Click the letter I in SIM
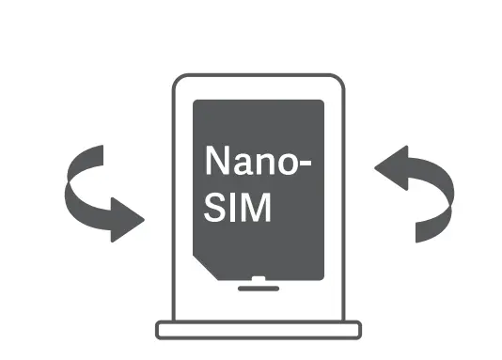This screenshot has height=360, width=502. [x=234, y=208]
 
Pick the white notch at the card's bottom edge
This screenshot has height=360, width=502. [x=258, y=278]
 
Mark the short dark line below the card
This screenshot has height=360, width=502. [x=258, y=289]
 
